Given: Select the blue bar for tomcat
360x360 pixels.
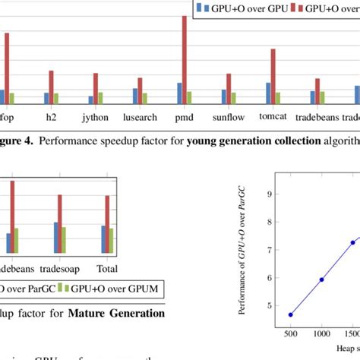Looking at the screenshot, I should point(268,93).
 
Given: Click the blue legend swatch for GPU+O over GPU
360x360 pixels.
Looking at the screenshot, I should point(201,8).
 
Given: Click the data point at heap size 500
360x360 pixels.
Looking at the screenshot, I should point(290,314).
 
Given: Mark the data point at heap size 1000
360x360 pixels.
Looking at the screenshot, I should point(321,279).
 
